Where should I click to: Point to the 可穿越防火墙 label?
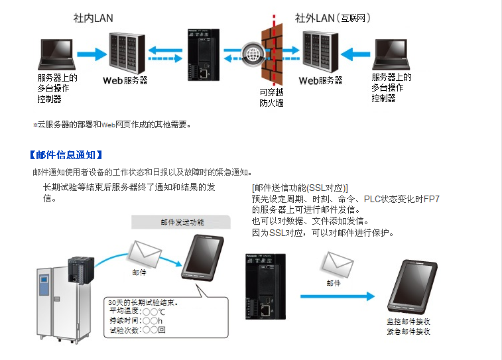pyautogui.click(x=271, y=97)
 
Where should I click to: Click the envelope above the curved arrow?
pyautogui.click(x=145, y=253)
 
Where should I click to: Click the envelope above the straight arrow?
pyautogui.click(x=337, y=264)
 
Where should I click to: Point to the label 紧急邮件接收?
pyautogui.click(x=408, y=331)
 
